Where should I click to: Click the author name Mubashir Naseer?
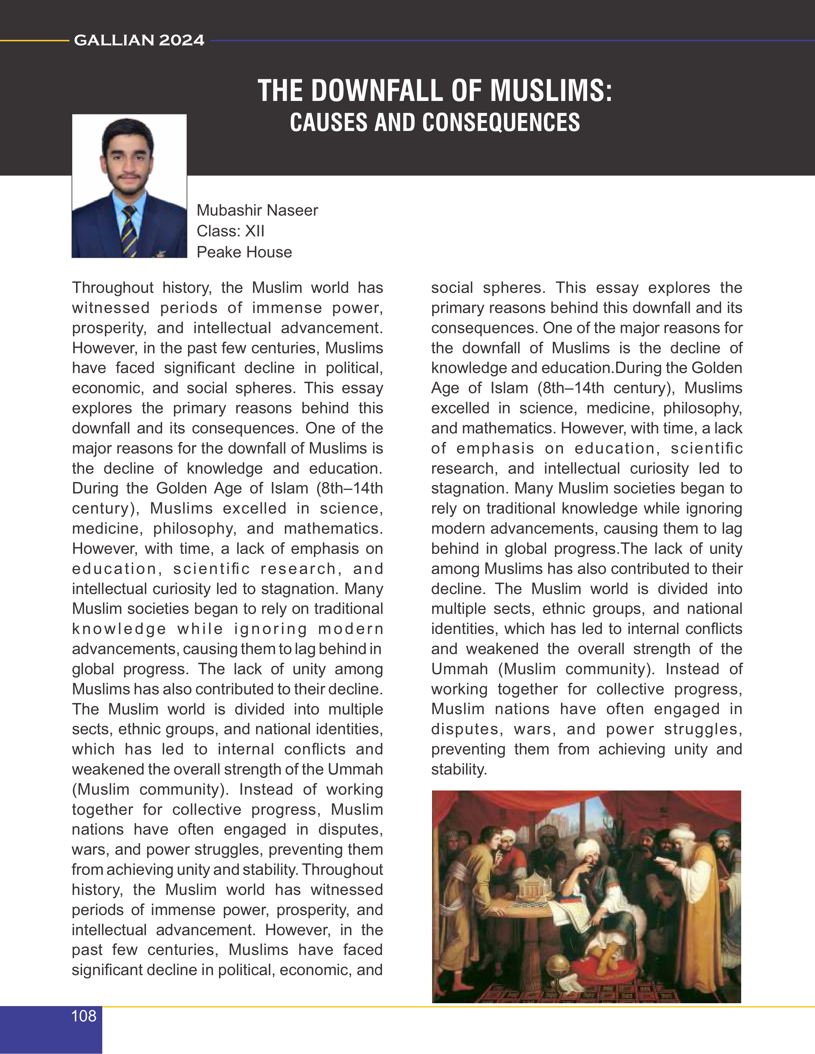click(x=257, y=210)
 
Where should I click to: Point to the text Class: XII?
click(x=230, y=231)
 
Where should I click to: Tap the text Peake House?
click(x=244, y=252)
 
